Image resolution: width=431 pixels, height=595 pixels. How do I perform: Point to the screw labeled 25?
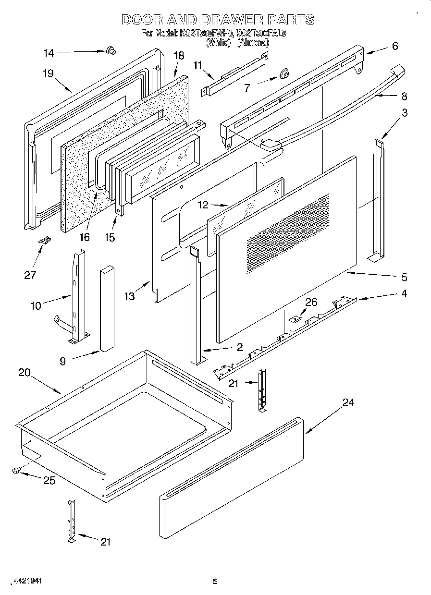tap(16, 471)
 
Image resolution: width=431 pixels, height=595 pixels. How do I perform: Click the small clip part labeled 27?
tap(46, 241)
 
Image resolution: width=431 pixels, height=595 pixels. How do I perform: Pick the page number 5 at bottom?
tap(215, 582)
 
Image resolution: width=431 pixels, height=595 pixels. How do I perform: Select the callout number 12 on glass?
tap(203, 205)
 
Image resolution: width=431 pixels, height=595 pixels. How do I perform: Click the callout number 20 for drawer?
tap(25, 372)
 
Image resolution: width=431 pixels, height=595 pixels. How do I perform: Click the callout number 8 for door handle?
tap(404, 96)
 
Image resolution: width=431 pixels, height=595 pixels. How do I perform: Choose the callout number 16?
tap(84, 237)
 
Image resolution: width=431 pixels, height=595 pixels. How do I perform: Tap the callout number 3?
tap(405, 113)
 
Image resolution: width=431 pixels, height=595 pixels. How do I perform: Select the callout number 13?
tap(129, 296)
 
